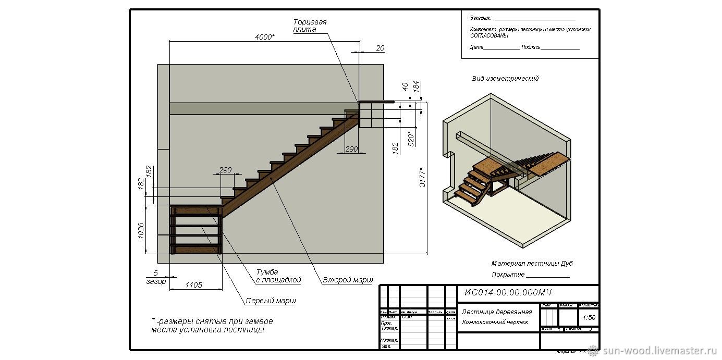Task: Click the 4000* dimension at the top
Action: pos(265,37)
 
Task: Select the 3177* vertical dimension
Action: pos(423,178)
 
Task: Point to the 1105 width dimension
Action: pos(193,285)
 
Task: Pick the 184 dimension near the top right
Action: pos(416,86)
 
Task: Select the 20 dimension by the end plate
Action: pos(380,48)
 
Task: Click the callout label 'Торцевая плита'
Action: pos(310,26)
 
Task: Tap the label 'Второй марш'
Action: pos(348,280)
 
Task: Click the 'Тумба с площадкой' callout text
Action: pos(278,276)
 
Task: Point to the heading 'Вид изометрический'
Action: pos(505,79)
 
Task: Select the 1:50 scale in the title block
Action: pos(589,317)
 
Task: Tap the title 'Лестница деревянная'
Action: pos(497,312)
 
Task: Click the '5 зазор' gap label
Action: pos(155,277)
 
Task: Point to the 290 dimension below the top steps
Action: pos(352,149)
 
